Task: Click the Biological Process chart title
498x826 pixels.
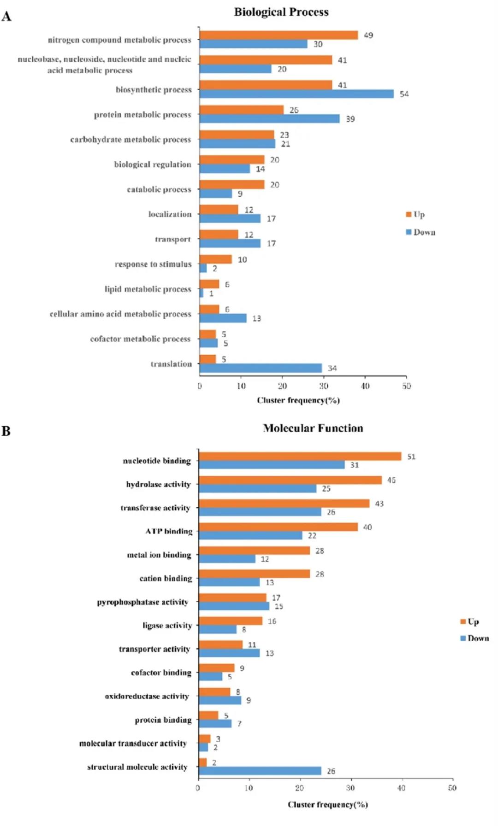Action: pyautogui.click(x=281, y=12)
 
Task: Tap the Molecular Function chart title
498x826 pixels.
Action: pyautogui.click(x=313, y=428)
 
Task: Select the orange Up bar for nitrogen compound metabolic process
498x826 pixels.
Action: pyautogui.click(x=279, y=35)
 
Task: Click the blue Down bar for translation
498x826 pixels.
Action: pyautogui.click(x=261, y=368)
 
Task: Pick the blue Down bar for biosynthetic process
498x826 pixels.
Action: pyautogui.click(x=296, y=94)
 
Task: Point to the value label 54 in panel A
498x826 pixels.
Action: pyautogui.click(x=404, y=94)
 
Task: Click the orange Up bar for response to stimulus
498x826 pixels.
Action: pyautogui.click(x=215, y=259)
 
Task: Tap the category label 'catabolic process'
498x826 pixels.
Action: pyautogui.click(x=159, y=189)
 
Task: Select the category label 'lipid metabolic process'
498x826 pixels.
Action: pyautogui.click(x=148, y=289)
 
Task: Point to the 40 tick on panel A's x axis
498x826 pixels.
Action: pyautogui.click(x=365, y=386)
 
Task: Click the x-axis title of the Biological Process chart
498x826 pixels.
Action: pyautogui.click(x=298, y=400)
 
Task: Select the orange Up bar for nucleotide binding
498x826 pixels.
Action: pyautogui.click(x=300, y=456)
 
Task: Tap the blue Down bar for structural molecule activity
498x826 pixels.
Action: pyautogui.click(x=260, y=771)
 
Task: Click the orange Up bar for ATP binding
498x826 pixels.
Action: pyautogui.click(x=278, y=527)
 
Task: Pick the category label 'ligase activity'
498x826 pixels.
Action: pyautogui.click(x=167, y=626)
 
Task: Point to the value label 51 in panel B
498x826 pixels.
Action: pyautogui.click(x=411, y=457)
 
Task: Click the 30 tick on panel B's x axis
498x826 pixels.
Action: pyautogui.click(x=350, y=788)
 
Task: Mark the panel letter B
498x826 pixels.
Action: pyautogui.click(x=6, y=431)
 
